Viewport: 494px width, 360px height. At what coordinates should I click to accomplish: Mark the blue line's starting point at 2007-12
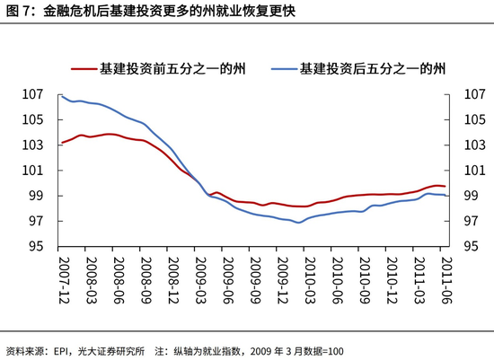pos(61,95)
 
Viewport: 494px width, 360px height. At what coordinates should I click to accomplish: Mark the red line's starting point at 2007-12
pos(61,143)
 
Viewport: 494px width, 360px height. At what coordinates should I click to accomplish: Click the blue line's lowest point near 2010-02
pos(299,222)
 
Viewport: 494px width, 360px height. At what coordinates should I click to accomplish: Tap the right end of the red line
pos(445,186)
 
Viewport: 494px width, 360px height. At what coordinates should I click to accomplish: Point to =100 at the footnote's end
pos(331,351)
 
